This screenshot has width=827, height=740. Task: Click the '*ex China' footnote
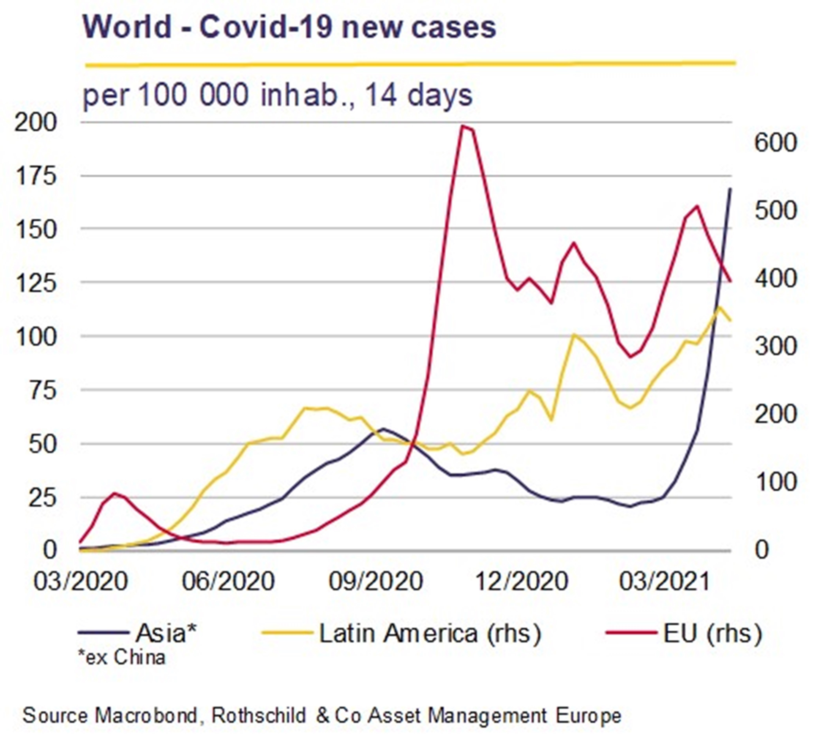point(122,658)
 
